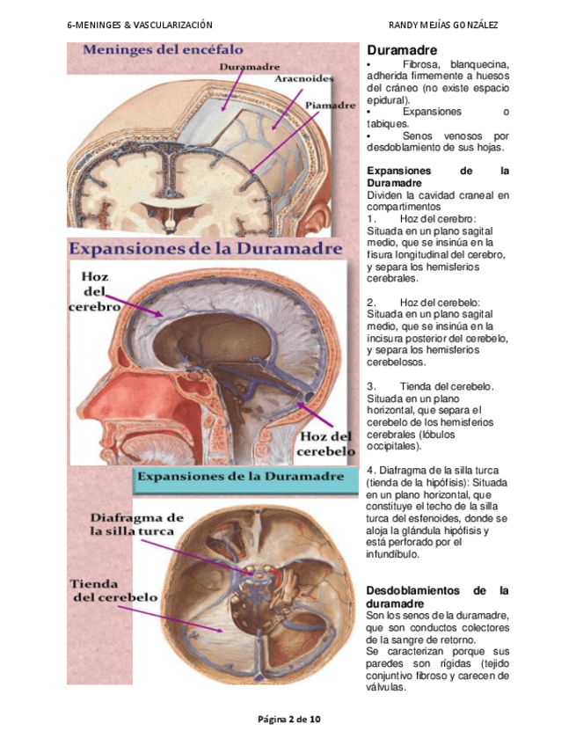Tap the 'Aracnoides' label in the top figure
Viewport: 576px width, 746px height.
[x=303, y=78]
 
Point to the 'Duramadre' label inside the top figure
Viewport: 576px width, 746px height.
[x=250, y=66]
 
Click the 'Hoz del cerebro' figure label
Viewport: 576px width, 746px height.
[x=94, y=292]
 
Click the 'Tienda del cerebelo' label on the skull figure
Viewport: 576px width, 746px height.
[x=113, y=589]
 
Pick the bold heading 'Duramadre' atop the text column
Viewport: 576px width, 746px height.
[x=402, y=51]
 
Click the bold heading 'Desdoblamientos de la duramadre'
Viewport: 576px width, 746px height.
[x=437, y=597]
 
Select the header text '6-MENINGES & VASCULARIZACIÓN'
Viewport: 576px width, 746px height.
[x=140, y=25]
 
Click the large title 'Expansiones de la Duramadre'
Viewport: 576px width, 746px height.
[x=206, y=249]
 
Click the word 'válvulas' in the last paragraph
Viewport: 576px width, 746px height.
[x=386, y=688]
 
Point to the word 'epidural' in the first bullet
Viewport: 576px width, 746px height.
[x=385, y=100]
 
